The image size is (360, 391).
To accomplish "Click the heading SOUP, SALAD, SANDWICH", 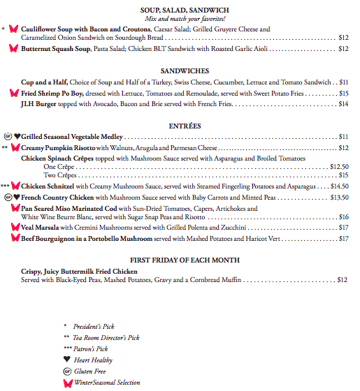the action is tap(185, 9).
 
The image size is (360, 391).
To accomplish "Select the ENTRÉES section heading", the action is tap(185, 126).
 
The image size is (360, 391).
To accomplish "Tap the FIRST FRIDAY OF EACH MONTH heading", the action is tap(185, 260).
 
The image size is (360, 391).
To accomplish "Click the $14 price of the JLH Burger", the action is tap(343, 104).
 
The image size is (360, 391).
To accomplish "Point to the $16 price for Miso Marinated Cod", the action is tap(343, 217).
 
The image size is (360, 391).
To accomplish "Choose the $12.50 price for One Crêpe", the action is tap(339, 167).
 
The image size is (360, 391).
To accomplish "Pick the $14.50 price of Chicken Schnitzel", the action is tap(339, 186).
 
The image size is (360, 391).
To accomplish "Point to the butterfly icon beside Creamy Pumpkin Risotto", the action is tap(15, 148).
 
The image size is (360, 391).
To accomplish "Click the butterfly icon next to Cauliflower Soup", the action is tap(13, 30).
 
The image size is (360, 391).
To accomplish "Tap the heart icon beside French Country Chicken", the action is tap(17, 198).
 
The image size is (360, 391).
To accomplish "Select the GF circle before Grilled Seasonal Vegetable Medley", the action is tap(7, 137).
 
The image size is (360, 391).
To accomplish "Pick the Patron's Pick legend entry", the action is tap(92, 348).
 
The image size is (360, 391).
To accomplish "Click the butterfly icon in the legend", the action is tap(68, 383).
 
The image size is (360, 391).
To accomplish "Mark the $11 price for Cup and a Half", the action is tap(343, 82).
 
